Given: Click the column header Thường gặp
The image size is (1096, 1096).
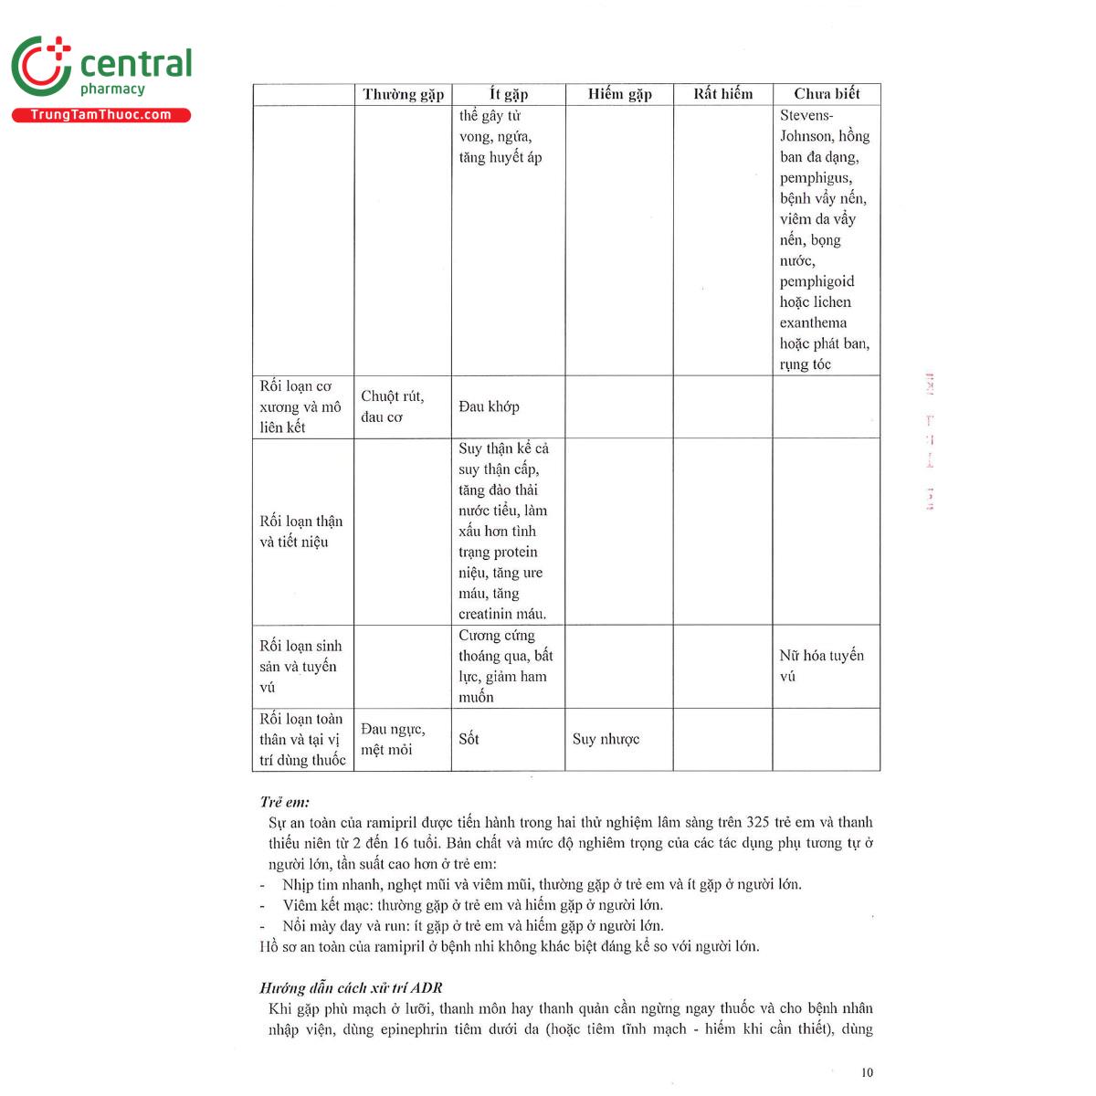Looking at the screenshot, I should coord(403,94).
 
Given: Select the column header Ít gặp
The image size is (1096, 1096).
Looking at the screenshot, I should coord(509,94).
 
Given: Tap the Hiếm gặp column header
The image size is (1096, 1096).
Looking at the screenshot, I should coord(619,94).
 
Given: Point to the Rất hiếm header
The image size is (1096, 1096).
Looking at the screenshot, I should coord(722,94).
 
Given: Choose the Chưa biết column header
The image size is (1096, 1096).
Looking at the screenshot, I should coord(827,94).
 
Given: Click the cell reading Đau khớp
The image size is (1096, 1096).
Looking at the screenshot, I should coord(489,406).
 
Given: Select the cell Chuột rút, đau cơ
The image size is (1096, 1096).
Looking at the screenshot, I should coord(392,406).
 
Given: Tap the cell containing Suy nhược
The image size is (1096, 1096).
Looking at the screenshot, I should coord(606,739).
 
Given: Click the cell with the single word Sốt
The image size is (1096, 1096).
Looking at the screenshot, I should coord(469,739).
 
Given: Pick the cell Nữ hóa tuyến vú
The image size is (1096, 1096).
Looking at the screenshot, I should coord(821,666).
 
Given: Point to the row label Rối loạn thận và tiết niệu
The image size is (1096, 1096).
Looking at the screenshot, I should coord(300,532).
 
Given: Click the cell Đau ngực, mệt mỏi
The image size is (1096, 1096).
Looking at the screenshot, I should coord(393,739).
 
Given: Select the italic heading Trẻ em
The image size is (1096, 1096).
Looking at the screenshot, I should coord(284,802).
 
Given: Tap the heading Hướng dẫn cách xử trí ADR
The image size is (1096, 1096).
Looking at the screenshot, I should coord(351,988).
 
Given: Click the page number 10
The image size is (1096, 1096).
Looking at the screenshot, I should coord(867,1072).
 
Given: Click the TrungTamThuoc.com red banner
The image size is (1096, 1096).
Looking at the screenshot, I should coord(100,115).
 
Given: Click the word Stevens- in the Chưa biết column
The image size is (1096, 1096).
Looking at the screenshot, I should coord(806,115).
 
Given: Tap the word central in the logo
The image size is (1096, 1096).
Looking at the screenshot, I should coord(136,64).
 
